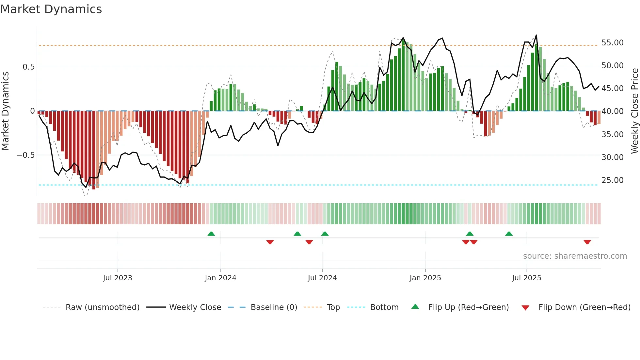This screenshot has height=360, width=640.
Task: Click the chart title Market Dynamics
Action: click(51, 9)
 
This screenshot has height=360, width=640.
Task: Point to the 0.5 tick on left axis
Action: click(28, 67)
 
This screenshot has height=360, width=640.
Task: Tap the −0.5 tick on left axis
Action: click(26, 155)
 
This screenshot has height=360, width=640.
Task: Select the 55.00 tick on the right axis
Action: click(612, 43)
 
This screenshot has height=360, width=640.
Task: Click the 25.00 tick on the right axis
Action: click(612, 180)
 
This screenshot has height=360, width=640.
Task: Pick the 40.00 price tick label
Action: click(612, 111)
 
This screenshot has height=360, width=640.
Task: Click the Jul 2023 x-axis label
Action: click(118, 278)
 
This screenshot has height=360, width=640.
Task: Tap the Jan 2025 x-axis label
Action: click(425, 278)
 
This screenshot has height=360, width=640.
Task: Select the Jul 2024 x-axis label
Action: click(322, 278)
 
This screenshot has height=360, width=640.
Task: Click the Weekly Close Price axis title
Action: click(634, 111)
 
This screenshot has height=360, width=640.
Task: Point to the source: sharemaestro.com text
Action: click(575, 256)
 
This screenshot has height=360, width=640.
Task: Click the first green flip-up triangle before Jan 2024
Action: click(211, 234)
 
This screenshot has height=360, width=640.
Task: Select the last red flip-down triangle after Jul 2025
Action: click(587, 242)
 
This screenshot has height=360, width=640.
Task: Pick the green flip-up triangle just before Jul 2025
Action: click(509, 234)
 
